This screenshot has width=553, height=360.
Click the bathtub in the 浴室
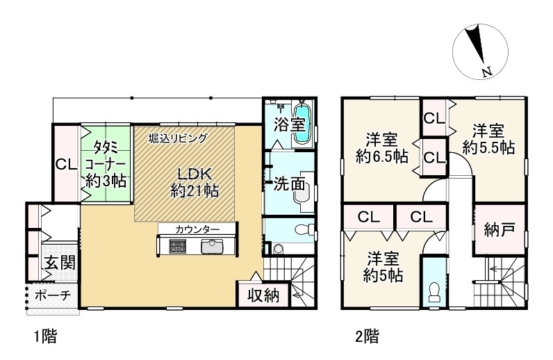click(x=302, y=125)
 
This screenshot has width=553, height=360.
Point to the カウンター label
click(x=197, y=229)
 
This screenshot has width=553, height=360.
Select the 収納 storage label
click(x=263, y=295)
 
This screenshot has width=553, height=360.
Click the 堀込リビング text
click(x=178, y=138)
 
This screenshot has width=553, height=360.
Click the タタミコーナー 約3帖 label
click(x=106, y=163)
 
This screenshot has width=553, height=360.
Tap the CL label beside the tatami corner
click(x=67, y=165)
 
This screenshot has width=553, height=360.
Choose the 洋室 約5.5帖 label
click(x=488, y=138)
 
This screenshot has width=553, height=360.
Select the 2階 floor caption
click(x=367, y=338)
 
